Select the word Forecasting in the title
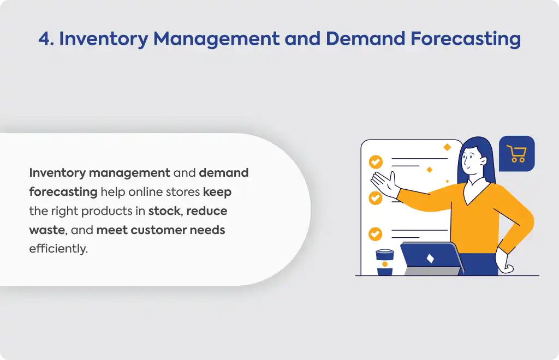466,39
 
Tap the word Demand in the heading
365,39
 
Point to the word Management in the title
216,39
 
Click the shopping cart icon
516,154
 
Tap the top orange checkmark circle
376,162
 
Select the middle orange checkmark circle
376,198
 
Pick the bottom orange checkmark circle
375,234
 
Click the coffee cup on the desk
385,262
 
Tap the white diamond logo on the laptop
430,258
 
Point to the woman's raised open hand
384,184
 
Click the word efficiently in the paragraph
58,249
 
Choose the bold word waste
47,230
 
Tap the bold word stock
164,211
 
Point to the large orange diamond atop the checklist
447,147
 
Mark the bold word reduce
207,211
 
